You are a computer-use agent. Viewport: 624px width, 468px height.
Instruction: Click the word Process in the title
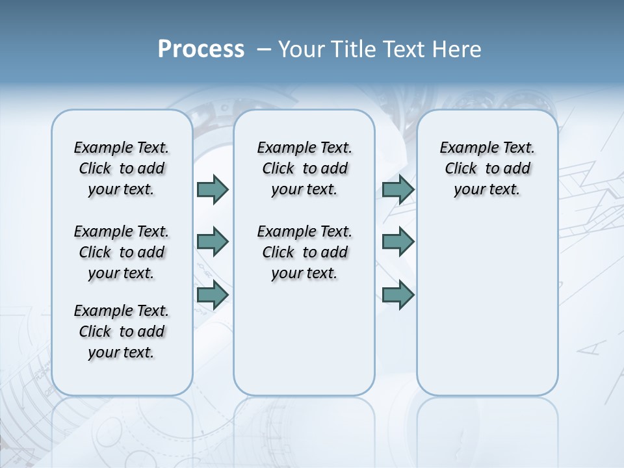[201, 49]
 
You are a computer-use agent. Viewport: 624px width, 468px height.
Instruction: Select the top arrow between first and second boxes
[213, 189]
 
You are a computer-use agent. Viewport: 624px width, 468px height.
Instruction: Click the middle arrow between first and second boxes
[213, 242]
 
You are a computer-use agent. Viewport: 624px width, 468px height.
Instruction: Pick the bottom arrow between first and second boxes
[213, 294]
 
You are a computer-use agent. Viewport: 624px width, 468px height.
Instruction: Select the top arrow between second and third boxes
[398, 189]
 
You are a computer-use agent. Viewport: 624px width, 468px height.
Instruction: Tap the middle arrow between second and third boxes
[398, 242]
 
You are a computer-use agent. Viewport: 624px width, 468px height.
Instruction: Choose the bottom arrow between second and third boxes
[398, 294]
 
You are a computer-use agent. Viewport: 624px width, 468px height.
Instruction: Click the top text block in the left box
[122, 168]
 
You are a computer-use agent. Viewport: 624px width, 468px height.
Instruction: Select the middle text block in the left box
[122, 252]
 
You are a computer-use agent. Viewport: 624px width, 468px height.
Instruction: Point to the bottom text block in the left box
[122, 331]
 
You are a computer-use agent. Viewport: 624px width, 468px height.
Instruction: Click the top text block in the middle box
[304, 168]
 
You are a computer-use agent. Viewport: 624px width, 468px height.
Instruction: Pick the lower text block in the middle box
[304, 252]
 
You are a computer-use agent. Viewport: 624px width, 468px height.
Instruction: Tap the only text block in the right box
[487, 168]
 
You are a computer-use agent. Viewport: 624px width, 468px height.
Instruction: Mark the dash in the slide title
[264, 49]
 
